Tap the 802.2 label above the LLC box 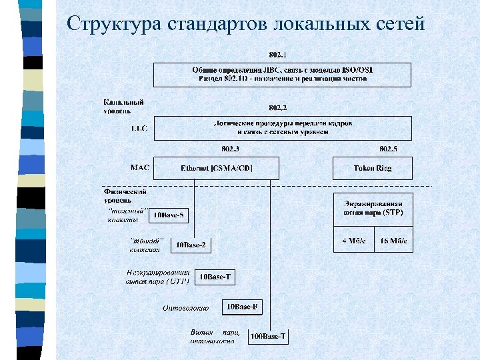(x=278, y=107)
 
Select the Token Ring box (x=373, y=168)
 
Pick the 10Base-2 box (x=191, y=245)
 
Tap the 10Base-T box (x=217, y=277)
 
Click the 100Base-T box (x=268, y=337)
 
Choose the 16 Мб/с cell (x=393, y=241)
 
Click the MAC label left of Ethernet (x=140, y=167)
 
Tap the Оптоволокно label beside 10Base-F (x=186, y=308)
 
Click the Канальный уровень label (x=123, y=107)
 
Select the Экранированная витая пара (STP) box (x=373, y=207)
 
